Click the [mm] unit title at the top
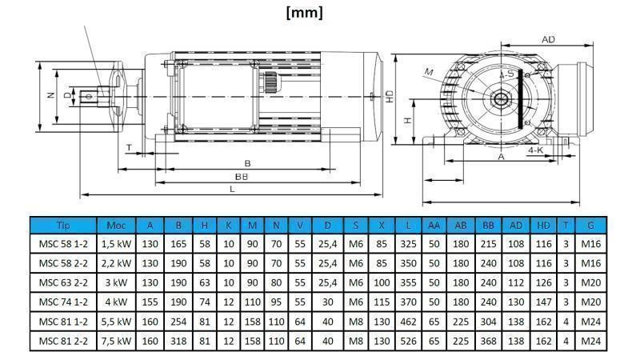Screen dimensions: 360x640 coord(305,12)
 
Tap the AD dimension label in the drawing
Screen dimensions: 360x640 coord(549,39)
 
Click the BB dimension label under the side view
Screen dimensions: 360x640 coord(241,176)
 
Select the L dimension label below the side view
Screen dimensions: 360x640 coord(232,189)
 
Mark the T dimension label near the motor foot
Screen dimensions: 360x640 coord(130,147)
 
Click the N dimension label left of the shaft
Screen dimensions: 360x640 coord(50,95)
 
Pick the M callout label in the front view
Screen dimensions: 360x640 coord(429,73)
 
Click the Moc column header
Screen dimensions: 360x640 coord(116,226)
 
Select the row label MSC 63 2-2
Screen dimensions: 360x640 coord(62,283)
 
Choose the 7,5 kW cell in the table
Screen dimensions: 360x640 coord(116,341)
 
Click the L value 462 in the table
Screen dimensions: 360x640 coord(409,322)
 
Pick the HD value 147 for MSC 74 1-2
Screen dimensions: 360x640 coord(543,302)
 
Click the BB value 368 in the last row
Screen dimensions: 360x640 coord(489,341)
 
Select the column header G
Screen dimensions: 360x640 coord(590,226)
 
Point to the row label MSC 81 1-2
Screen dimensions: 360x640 coord(62,322)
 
